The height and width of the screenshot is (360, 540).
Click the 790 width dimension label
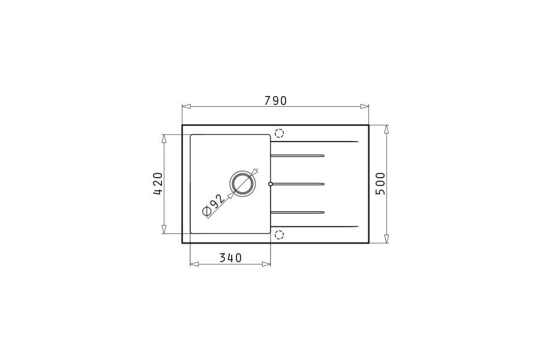click(x=275, y=101)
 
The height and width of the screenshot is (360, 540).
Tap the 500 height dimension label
click(x=380, y=184)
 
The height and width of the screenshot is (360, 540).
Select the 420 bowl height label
click(x=158, y=184)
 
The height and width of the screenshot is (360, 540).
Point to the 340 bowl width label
click(x=230, y=257)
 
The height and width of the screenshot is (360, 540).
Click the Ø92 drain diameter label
click(x=214, y=206)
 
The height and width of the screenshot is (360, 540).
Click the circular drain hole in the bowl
click(x=243, y=184)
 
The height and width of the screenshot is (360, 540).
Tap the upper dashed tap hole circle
click(x=279, y=133)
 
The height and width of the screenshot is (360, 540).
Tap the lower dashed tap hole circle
click(x=279, y=235)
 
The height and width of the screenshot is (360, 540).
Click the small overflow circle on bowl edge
click(x=271, y=184)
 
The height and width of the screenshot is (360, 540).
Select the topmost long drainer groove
click(x=314, y=142)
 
